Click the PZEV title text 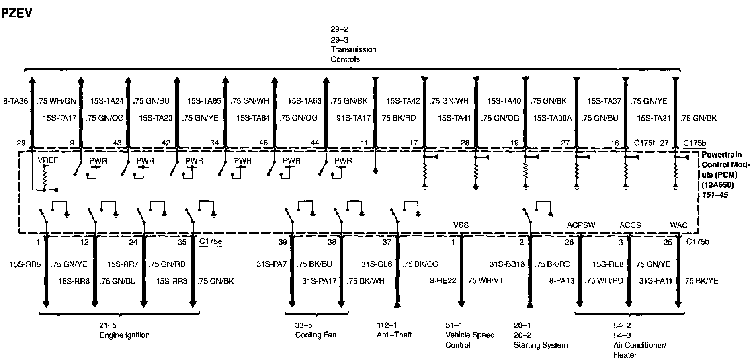[x=16, y=13]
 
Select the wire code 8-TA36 [x=16, y=101]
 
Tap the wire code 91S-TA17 [x=353, y=118]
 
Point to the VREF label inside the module [x=48, y=160]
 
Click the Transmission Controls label [x=353, y=54]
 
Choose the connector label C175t [x=644, y=143]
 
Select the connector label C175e [x=210, y=242]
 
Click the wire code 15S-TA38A [x=552, y=118]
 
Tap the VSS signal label [x=461, y=225]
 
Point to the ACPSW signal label [x=581, y=225]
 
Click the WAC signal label [x=678, y=225]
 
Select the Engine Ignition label [x=124, y=335]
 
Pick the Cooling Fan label [x=316, y=335]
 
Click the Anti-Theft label [x=394, y=335]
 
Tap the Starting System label [x=541, y=345]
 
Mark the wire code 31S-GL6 [x=377, y=264]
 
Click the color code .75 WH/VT [x=484, y=281]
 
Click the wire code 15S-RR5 [x=25, y=264]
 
